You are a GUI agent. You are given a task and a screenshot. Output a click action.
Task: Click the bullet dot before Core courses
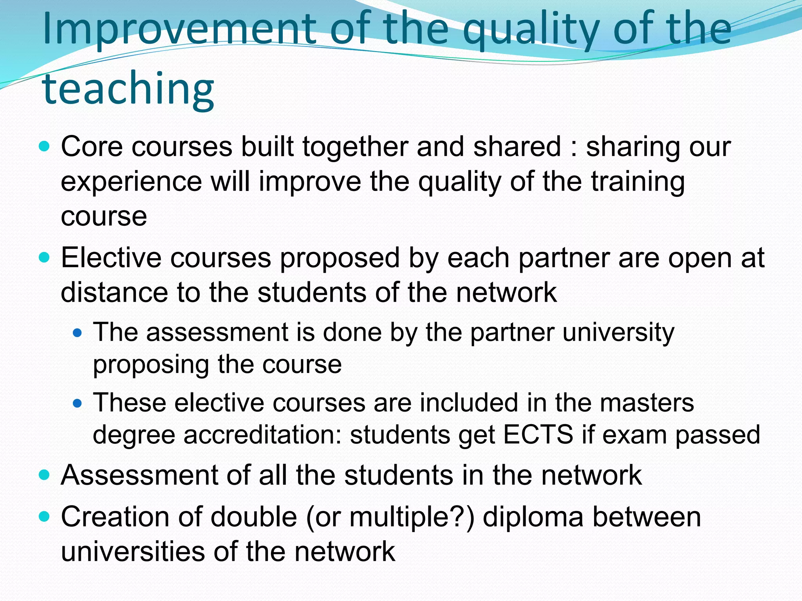pos(45,147)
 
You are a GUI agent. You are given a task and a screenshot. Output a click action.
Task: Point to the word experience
pos(131,182)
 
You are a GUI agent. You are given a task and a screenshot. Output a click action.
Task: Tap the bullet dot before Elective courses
pos(45,257)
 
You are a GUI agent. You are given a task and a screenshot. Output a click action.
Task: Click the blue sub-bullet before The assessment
pos(78,333)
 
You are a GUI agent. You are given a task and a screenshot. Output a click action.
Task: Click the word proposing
pos(151,365)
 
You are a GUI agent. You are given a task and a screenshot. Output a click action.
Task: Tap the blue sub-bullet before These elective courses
pos(78,403)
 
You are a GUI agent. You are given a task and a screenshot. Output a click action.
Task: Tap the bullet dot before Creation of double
pos(45,517)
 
